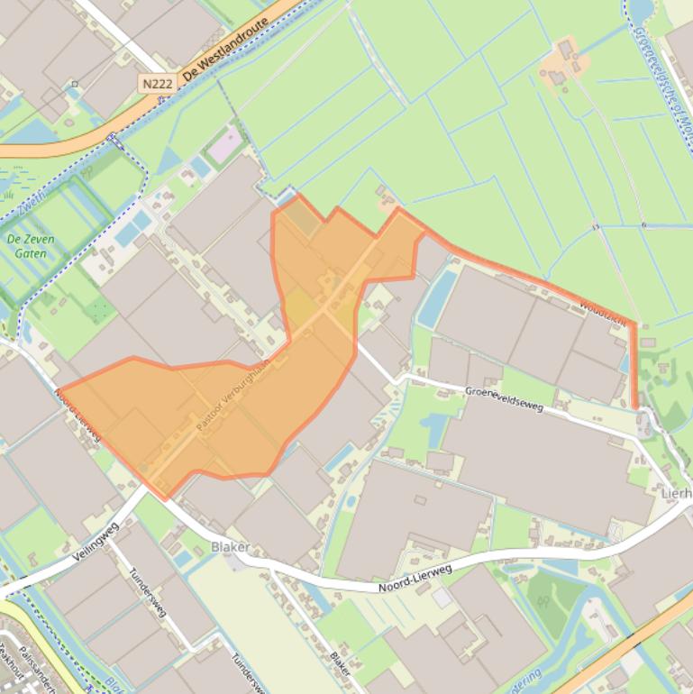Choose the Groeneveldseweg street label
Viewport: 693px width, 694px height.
tap(505, 398)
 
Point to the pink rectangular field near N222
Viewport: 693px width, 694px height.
tap(225, 144)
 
